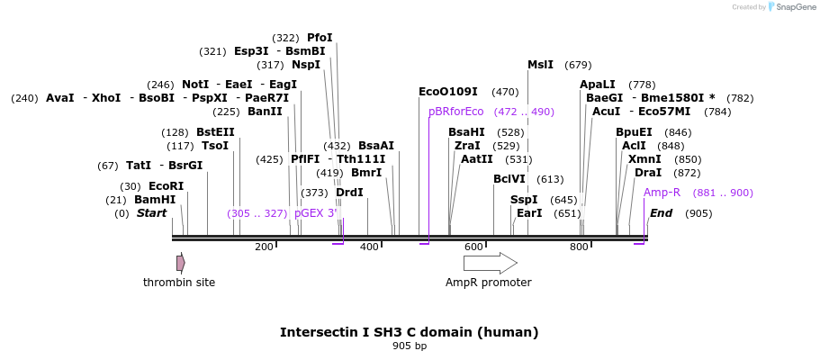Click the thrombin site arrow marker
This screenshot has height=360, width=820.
pos(181,263)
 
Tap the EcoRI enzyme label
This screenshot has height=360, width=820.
pos(166,186)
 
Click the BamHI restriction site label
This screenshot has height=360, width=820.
pos(155,200)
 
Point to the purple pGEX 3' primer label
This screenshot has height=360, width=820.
pos(316,213)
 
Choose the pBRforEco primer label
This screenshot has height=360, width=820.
pos(455,112)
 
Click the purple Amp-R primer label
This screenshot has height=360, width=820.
pos(662,193)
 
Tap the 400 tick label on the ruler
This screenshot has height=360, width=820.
pos(369,247)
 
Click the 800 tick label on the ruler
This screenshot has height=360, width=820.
pos(579,247)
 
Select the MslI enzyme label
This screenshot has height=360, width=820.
pos(540,65)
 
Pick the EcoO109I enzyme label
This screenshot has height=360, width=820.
pos(448,92)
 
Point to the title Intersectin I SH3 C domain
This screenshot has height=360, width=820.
pos(409,332)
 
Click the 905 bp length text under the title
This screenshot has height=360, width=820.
pos(410,346)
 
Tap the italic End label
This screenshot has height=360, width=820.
pos(661,213)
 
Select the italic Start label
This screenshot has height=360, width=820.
pos(151,213)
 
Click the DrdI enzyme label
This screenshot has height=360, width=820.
pos(349,193)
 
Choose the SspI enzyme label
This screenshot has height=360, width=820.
pos(524,200)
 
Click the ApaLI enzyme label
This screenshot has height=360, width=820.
pos(598,85)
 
